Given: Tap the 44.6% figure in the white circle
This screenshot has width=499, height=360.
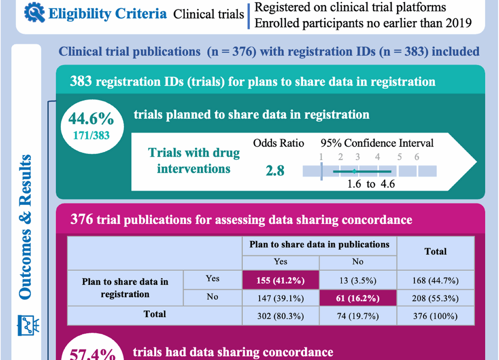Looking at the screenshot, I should point(91,119).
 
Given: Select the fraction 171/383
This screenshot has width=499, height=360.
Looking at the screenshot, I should point(91,135).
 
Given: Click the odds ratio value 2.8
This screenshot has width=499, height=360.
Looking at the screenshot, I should point(275,171).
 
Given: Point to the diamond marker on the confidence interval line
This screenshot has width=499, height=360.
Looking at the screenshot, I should point(354,171).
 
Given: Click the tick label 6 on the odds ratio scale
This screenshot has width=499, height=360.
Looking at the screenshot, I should point(417,157).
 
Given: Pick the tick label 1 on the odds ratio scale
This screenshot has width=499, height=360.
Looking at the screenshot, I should point(321,157).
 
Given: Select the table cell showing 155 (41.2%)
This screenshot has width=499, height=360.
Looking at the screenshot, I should point(280,281).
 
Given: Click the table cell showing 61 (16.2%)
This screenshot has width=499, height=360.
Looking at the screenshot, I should point(358,298).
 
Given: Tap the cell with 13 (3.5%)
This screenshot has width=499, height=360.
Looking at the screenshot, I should point(358,281).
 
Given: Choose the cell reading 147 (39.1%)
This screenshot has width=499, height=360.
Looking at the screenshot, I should point(280,298).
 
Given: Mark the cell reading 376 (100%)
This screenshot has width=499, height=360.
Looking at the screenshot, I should point(435,316).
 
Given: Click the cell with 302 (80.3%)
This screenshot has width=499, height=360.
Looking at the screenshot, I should point(280,316).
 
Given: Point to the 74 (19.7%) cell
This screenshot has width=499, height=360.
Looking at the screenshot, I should point(358,316).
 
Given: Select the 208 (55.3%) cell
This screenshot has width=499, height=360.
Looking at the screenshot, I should point(435,298).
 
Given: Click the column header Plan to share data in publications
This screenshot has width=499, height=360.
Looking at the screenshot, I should point(319,245).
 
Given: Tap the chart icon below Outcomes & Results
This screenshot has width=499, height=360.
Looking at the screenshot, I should point(29,325).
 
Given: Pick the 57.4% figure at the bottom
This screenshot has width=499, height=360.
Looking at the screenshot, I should point(92,353).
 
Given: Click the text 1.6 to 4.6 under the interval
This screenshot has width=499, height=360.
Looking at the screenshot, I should point(371,184).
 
